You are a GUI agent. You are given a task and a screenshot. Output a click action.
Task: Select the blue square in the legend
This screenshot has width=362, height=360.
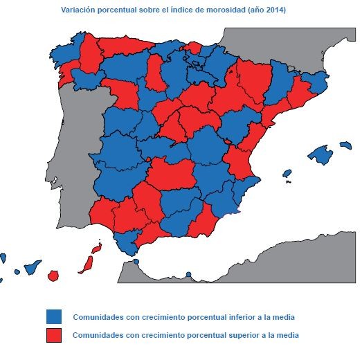pyautogui.click(x=54, y=316)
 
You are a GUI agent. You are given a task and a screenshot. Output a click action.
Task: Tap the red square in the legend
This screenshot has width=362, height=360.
pyautogui.click(x=54, y=335)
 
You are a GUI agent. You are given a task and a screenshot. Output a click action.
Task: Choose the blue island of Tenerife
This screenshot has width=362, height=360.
pyautogui.click(x=31, y=267)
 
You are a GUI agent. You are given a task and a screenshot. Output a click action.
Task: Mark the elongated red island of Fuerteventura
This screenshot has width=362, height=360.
pyautogui.click(x=88, y=264)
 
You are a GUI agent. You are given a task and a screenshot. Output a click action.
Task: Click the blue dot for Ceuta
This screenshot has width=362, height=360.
pyautogui.click(x=136, y=262)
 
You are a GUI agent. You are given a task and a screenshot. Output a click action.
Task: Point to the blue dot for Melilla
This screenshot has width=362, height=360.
pyautogui.click(x=189, y=274)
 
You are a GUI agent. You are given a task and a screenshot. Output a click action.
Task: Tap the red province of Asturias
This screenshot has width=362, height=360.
pyautogui.click(x=125, y=46)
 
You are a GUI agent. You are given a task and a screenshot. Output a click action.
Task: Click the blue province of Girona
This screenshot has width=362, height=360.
pyautogui.click(x=318, y=82)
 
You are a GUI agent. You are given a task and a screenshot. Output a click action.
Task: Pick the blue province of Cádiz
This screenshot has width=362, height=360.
pyautogui.click(x=125, y=242)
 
